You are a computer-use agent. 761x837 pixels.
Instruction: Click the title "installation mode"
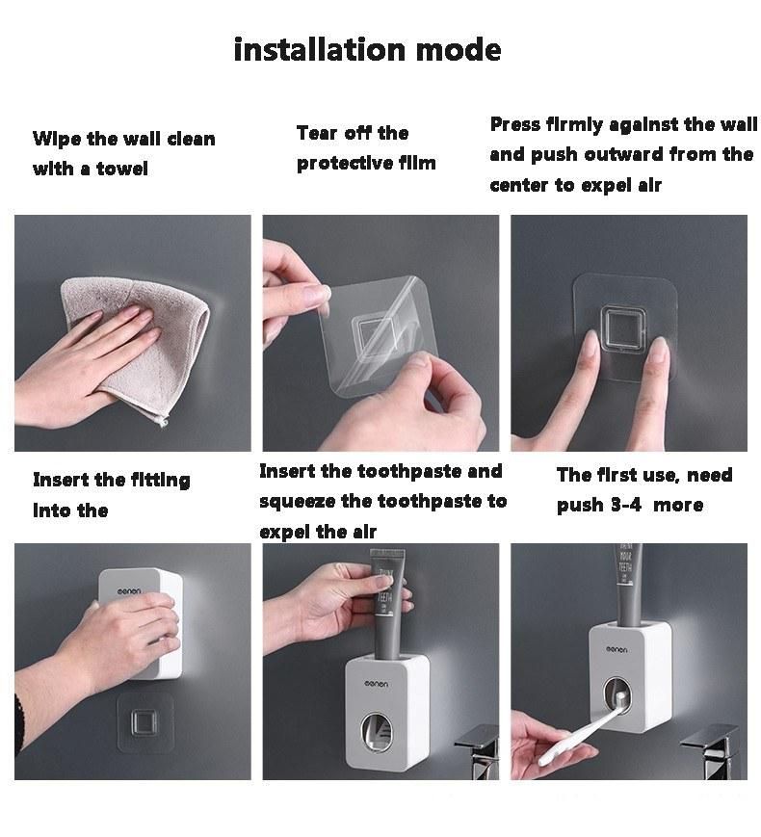(367, 50)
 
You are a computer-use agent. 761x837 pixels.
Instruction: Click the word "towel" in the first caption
(122, 169)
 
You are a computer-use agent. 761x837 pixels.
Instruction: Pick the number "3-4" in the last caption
(625, 505)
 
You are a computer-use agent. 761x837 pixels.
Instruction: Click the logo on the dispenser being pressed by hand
(129, 591)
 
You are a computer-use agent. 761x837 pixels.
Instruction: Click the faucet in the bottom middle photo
(478, 750)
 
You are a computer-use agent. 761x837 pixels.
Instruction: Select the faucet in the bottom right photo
(714, 750)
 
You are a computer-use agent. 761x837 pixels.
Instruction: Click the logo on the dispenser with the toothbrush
(617, 649)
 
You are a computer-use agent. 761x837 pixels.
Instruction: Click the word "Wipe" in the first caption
(56, 140)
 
